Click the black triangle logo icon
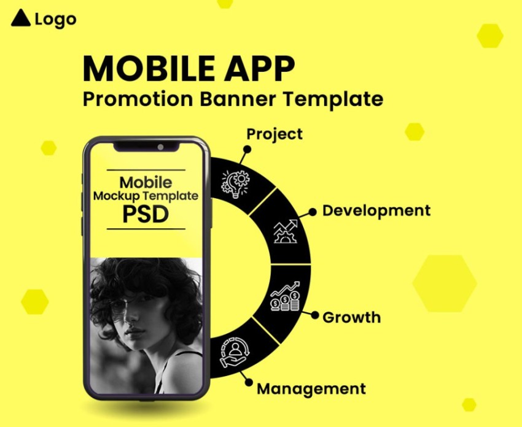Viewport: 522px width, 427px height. (x=21, y=18)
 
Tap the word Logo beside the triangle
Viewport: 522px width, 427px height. (x=56, y=20)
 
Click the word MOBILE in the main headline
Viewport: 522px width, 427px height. (x=149, y=69)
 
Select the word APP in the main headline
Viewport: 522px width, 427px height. (x=259, y=69)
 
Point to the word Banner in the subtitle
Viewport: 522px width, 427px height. (x=238, y=99)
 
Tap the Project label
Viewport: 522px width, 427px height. (x=275, y=134)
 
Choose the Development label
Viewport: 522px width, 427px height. (x=376, y=211)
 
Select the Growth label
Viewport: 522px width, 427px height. (x=351, y=317)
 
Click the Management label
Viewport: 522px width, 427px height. (x=311, y=389)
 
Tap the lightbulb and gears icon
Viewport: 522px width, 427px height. (x=235, y=184)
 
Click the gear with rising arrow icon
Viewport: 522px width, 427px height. (x=286, y=231)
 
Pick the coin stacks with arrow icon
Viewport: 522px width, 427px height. (x=286, y=296)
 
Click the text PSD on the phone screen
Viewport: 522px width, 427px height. (x=146, y=215)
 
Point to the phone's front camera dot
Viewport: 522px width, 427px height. (x=160, y=147)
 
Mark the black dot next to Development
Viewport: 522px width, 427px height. (x=312, y=212)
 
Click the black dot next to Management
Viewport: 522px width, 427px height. (x=249, y=382)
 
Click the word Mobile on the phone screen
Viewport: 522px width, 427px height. (x=146, y=183)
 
